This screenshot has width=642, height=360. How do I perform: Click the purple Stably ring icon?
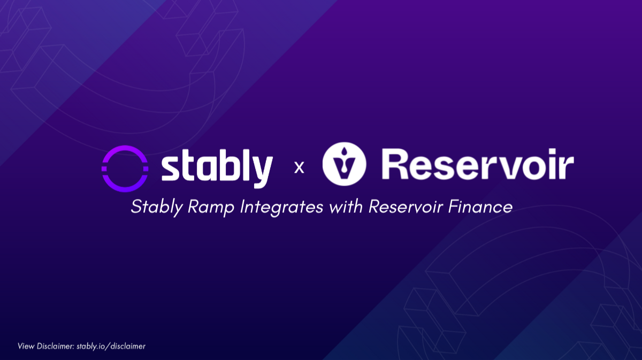click(x=125, y=167)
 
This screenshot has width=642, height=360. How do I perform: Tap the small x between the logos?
click(x=300, y=168)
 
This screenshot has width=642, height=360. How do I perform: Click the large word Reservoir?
click(x=478, y=165)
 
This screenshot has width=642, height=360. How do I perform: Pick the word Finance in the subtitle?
click(x=483, y=206)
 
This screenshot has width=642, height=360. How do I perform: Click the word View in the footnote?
click(x=26, y=346)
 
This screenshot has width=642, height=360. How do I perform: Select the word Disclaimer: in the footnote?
click(x=56, y=346)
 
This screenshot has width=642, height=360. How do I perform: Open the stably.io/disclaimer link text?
click(x=111, y=346)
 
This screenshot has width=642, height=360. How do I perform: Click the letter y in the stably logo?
click(x=261, y=172)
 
